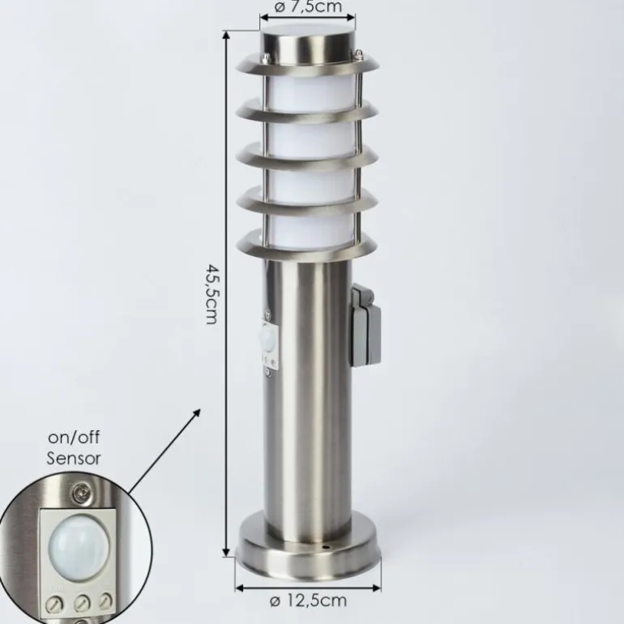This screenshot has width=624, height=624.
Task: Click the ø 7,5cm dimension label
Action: [x=308, y=6]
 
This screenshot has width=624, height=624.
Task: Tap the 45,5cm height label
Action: [x=212, y=293]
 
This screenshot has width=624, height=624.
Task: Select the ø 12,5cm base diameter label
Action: [x=308, y=600]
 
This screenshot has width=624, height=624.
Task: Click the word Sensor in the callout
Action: [x=74, y=459]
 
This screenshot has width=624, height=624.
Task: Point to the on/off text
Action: [x=74, y=438]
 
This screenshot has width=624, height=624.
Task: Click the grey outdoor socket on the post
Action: [x=365, y=325]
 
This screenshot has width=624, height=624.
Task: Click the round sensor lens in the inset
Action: [x=79, y=548]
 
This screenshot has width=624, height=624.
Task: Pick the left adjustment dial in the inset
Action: [x=53, y=605]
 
